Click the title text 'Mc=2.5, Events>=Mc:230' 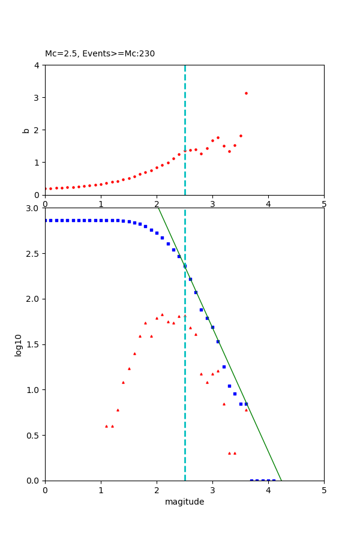click(100, 54)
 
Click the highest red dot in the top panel click(246, 93)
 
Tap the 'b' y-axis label click(26, 130)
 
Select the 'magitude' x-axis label click(184, 502)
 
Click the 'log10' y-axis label click(19, 345)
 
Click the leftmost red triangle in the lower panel click(106, 426)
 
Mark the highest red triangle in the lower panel click(162, 314)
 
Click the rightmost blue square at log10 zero click(274, 481)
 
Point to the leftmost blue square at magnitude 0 click(45, 220)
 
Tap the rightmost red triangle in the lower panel click(246, 410)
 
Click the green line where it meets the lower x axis click(281, 481)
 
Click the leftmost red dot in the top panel click(45, 188)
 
